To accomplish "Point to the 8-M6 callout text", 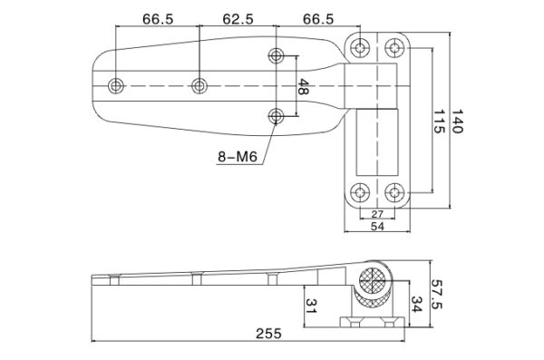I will click(238, 157).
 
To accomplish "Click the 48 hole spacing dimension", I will click(304, 87).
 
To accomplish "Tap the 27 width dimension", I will click(376, 213).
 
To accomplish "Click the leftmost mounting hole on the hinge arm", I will click(116, 86).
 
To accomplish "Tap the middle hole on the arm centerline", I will click(199, 86).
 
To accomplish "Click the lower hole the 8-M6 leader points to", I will click(277, 115).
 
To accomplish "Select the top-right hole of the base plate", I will click(394, 45).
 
